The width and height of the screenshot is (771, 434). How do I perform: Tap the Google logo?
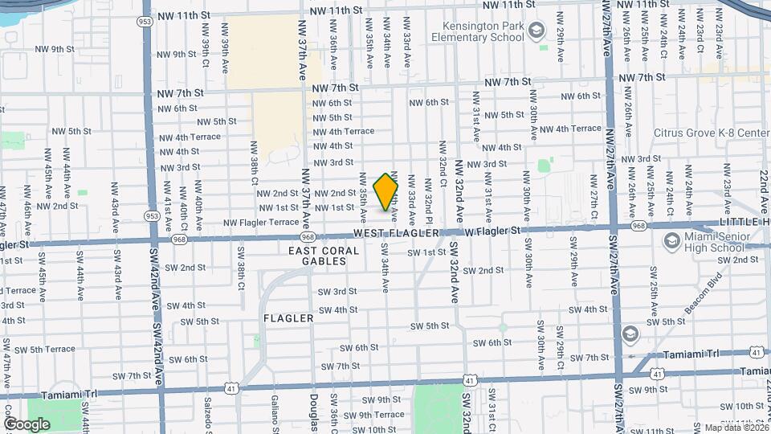tap(27, 424)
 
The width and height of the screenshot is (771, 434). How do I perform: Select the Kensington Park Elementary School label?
tap(477, 31)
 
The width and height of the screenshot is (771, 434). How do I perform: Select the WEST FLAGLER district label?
tap(397, 232)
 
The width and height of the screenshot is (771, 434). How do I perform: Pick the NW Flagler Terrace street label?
tap(261, 222)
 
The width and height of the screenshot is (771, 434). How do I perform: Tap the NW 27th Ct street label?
tap(594, 204)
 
